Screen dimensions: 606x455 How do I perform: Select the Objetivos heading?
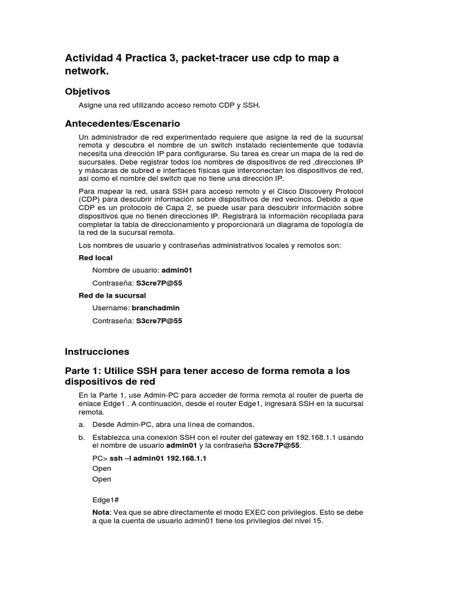pyautogui.click(x=87, y=91)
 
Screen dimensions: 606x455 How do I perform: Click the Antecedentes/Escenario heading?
pyautogui.click(x=122, y=124)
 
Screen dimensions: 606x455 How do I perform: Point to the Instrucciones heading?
pyautogui.click(x=97, y=352)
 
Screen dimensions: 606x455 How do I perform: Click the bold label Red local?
pyautogui.click(x=95, y=258)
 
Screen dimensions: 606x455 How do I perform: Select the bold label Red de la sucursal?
pyautogui.click(x=112, y=295)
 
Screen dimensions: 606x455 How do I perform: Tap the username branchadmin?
pyautogui.click(x=156, y=308)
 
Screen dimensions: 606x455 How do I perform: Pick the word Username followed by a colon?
pyautogui.click(x=110, y=308)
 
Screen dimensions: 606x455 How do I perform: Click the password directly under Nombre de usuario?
pyautogui.click(x=159, y=283)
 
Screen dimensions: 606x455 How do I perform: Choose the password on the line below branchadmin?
pyautogui.click(x=159, y=321)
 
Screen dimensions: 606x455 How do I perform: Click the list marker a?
pyautogui.click(x=81, y=424)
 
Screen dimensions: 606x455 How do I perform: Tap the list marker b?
pyautogui.click(x=81, y=437)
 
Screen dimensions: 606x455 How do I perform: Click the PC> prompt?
pyautogui.click(x=100, y=458)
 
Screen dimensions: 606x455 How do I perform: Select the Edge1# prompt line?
pyautogui.click(x=106, y=499)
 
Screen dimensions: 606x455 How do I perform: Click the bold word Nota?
pyautogui.click(x=101, y=512)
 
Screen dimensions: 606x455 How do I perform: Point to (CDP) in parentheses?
pyautogui.click(x=89, y=199)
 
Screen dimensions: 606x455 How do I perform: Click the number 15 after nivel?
pyautogui.click(x=319, y=521)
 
